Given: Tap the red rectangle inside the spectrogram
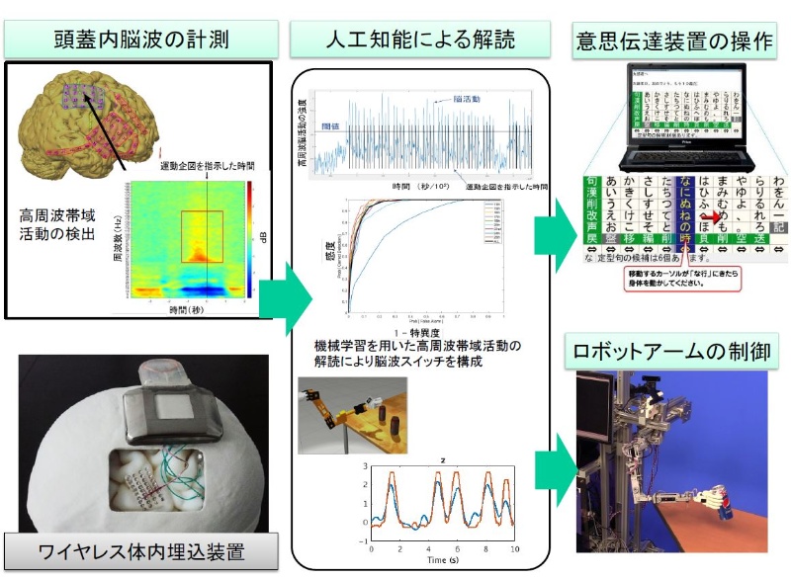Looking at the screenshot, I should (202, 235).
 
